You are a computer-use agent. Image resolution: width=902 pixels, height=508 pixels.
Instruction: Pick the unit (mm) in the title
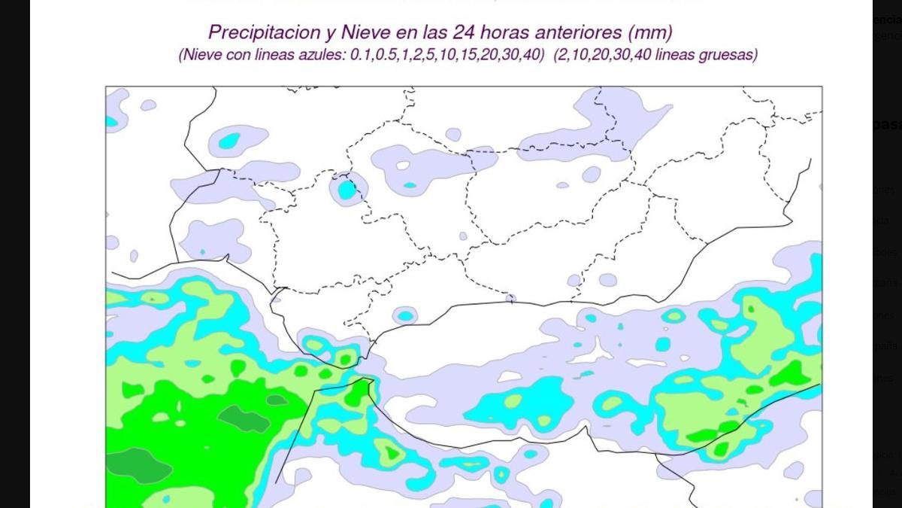tap(652, 33)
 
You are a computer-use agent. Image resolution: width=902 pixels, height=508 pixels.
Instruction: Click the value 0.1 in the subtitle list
tap(361, 55)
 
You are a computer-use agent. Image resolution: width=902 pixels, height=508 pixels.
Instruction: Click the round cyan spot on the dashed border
tap(347, 189)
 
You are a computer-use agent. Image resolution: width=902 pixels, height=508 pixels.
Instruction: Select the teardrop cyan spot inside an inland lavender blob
tap(229, 140)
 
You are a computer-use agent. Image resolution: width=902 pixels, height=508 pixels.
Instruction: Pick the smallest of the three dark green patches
tap(277, 400)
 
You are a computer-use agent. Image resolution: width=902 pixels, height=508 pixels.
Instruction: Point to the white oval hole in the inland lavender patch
tap(404, 166)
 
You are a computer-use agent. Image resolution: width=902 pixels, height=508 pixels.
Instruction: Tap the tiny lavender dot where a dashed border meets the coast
tap(510, 299)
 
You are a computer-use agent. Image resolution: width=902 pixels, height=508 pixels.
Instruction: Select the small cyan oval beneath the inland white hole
tap(410, 185)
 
